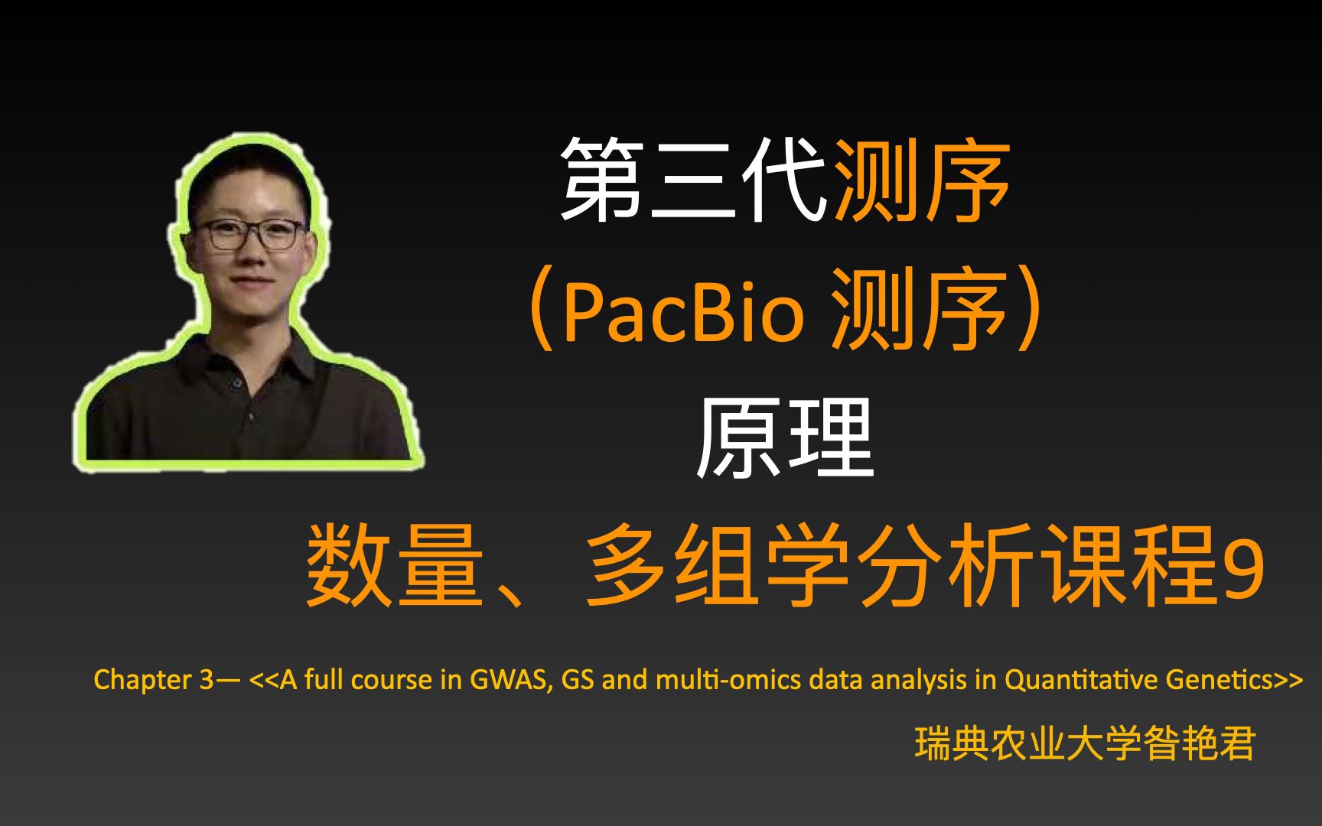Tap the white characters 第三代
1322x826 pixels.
tap(693, 180)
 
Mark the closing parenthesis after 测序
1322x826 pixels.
tap(1029, 309)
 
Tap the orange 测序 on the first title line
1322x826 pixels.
tap(922, 180)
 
